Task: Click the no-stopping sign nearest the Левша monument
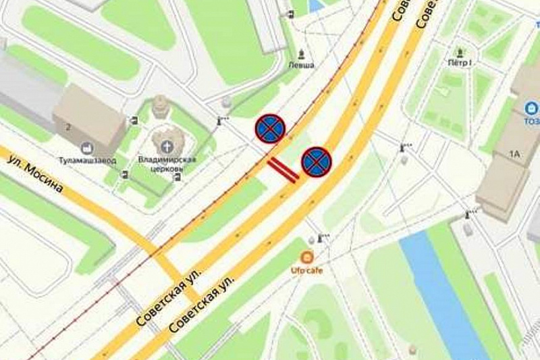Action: coord(270,128)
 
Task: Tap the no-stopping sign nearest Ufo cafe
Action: coord(316,162)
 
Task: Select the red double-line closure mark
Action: coord(283,170)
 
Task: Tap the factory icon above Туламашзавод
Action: coord(86,148)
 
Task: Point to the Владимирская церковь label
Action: coord(167,163)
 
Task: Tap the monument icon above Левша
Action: coord(301,53)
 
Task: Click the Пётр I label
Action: coord(460,62)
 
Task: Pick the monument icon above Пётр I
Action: coord(460,51)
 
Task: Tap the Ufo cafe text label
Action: coord(307,270)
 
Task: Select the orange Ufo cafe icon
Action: coord(307,257)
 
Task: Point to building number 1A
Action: coord(515,155)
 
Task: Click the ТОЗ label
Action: coord(531,121)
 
